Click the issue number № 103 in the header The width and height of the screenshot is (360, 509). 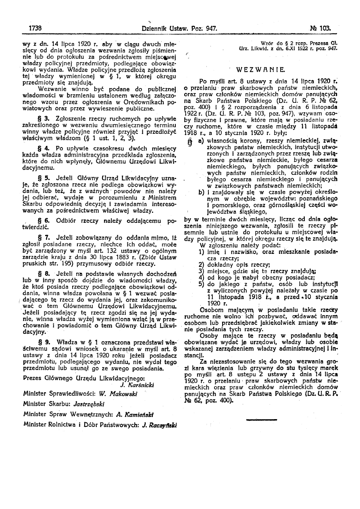tap(321, 29)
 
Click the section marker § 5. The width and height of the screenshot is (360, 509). tap(43, 177)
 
